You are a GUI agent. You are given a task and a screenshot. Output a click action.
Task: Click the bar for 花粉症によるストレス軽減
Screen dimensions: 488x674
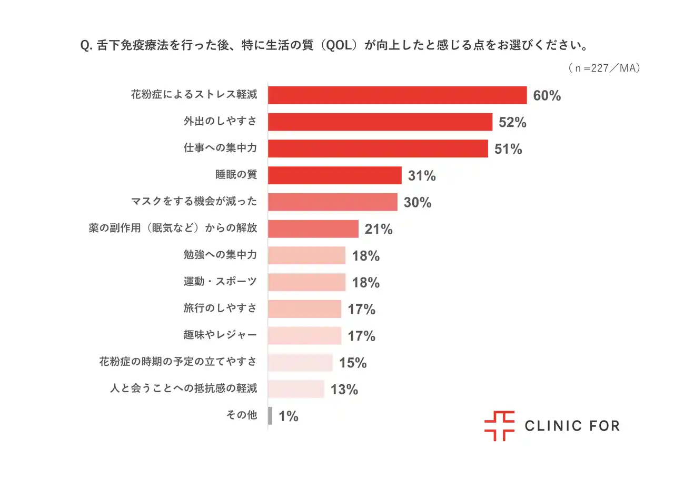pyautogui.click(x=397, y=95)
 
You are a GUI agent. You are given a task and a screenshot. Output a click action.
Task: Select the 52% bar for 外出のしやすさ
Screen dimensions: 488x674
pyautogui.click(x=380, y=122)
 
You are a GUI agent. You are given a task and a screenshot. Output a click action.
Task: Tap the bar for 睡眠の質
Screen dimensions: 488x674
pyautogui.click(x=334, y=175)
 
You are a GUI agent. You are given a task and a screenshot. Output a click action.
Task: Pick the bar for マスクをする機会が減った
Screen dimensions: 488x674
pyautogui.click(x=332, y=202)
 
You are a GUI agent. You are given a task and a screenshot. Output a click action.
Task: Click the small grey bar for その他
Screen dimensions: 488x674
pyautogui.click(x=270, y=416)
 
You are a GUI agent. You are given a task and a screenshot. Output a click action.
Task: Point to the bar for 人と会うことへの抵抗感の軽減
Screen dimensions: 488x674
pyautogui.click(x=296, y=389)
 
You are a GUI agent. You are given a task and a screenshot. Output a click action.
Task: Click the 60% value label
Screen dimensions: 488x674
pyautogui.click(x=547, y=96)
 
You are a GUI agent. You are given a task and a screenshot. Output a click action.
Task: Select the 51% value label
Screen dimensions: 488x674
pyautogui.click(x=508, y=149)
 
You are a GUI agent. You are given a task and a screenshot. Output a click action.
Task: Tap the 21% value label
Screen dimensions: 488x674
pyautogui.click(x=379, y=229)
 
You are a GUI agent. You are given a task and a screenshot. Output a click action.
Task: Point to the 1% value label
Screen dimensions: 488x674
pyautogui.click(x=289, y=416)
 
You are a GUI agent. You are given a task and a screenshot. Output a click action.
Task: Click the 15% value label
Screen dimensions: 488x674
pyautogui.click(x=353, y=363)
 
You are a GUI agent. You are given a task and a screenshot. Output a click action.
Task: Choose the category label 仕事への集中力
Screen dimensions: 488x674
pyautogui.click(x=220, y=148)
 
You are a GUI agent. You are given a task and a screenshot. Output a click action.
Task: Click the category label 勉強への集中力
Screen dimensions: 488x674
pyautogui.click(x=220, y=255)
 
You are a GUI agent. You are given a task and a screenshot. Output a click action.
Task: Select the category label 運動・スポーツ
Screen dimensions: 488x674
pyautogui.click(x=220, y=282)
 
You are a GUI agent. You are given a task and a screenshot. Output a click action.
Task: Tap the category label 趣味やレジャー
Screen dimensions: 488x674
pyautogui.click(x=220, y=335)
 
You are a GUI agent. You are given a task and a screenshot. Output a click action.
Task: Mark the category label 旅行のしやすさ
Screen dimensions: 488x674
pyautogui.click(x=220, y=308)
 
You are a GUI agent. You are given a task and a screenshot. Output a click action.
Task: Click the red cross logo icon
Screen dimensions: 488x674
pyautogui.click(x=499, y=425)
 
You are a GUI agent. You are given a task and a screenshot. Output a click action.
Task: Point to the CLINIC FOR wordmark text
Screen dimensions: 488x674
pyautogui.click(x=572, y=426)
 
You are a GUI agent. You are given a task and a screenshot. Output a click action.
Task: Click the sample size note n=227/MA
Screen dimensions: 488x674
pyautogui.click(x=604, y=68)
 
